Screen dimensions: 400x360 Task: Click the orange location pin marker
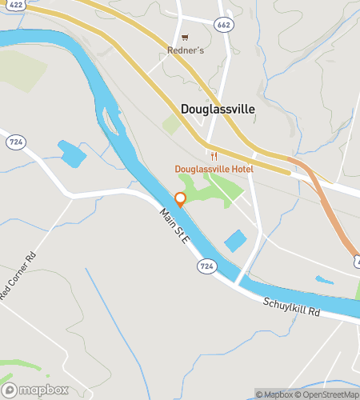pyautogui.click(x=181, y=199)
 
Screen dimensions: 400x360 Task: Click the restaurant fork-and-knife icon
pyautogui.click(x=213, y=155)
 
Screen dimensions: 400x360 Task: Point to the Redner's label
pyautogui.click(x=186, y=50)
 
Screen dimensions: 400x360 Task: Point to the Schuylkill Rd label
pyautogui.click(x=291, y=307)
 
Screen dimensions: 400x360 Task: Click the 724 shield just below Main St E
pyautogui.click(x=207, y=266)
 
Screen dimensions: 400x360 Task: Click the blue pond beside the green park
pyautogui.click(x=235, y=240)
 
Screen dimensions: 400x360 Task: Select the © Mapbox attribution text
pyautogui.click(x=274, y=394)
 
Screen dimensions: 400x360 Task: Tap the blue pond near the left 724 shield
pyautogui.click(x=71, y=153)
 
